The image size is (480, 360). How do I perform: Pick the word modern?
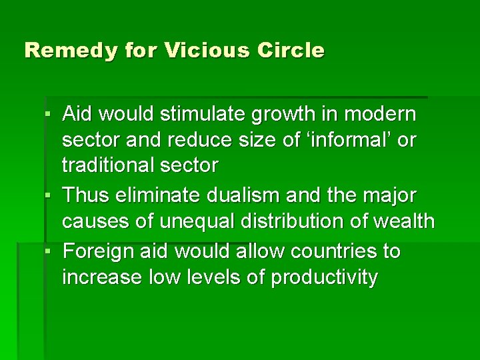click(x=385, y=115)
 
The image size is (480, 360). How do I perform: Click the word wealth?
click(x=403, y=221)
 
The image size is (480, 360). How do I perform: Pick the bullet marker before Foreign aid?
click(x=50, y=253)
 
